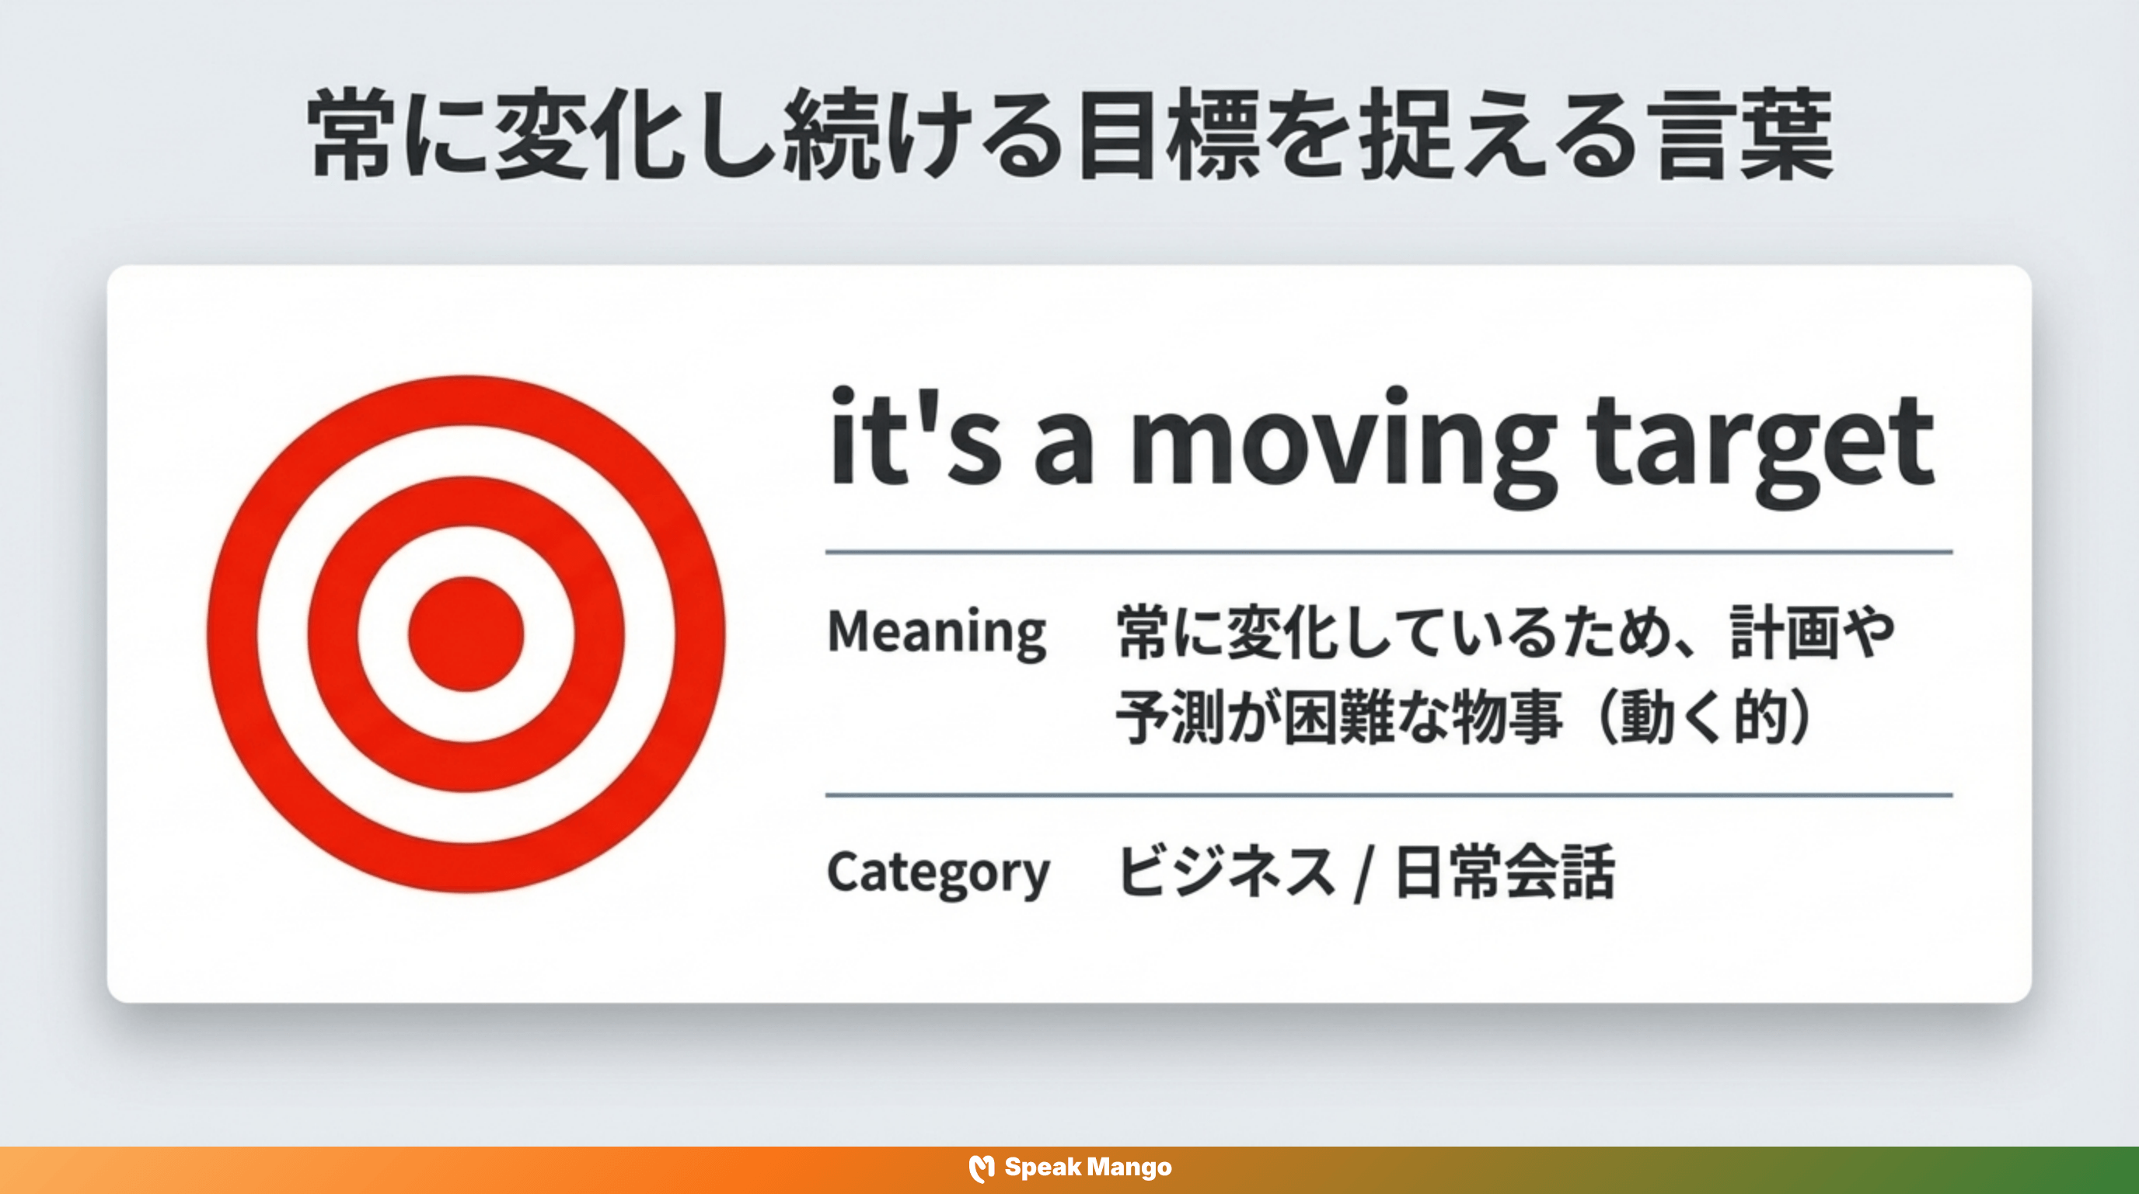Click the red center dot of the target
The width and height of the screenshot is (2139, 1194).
point(466,634)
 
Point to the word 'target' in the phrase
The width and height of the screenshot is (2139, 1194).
point(1760,444)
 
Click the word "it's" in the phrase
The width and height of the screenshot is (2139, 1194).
point(913,440)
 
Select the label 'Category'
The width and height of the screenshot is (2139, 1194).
point(938,872)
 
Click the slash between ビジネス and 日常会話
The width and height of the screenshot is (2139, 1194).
point(1362,874)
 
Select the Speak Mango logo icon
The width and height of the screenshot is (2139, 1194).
point(982,1168)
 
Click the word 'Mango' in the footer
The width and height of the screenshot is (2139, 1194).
point(1129,1168)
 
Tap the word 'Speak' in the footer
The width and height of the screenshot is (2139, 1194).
point(1042,1168)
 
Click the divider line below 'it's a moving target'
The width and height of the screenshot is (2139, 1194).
point(1388,551)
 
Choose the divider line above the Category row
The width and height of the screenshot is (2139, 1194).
point(1388,794)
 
